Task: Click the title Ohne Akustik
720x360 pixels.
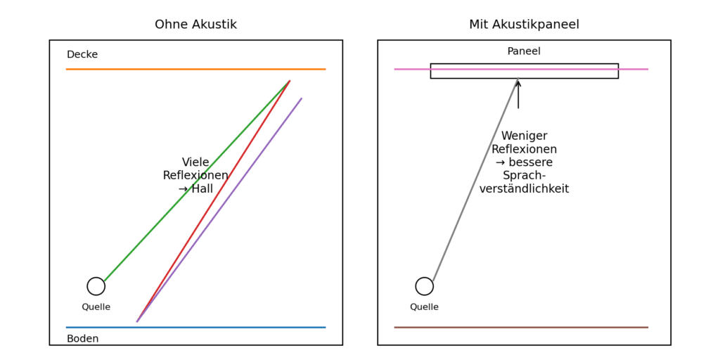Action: click(195, 25)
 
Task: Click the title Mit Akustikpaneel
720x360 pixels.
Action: click(524, 25)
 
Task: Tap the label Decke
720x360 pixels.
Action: click(82, 55)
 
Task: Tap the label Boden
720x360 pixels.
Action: click(82, 339)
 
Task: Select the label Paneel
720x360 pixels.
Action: click(524, 51)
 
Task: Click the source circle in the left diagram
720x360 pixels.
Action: click(96, 286)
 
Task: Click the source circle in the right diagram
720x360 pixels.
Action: click(425, 286)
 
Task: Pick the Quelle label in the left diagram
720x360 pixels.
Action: click(96, 307)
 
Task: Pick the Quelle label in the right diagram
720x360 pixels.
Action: click(425, 307)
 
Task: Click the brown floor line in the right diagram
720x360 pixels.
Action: click(520, 327)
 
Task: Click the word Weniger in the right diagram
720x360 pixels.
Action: click(524, 136)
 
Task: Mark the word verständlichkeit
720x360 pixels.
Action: click(524, 189)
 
